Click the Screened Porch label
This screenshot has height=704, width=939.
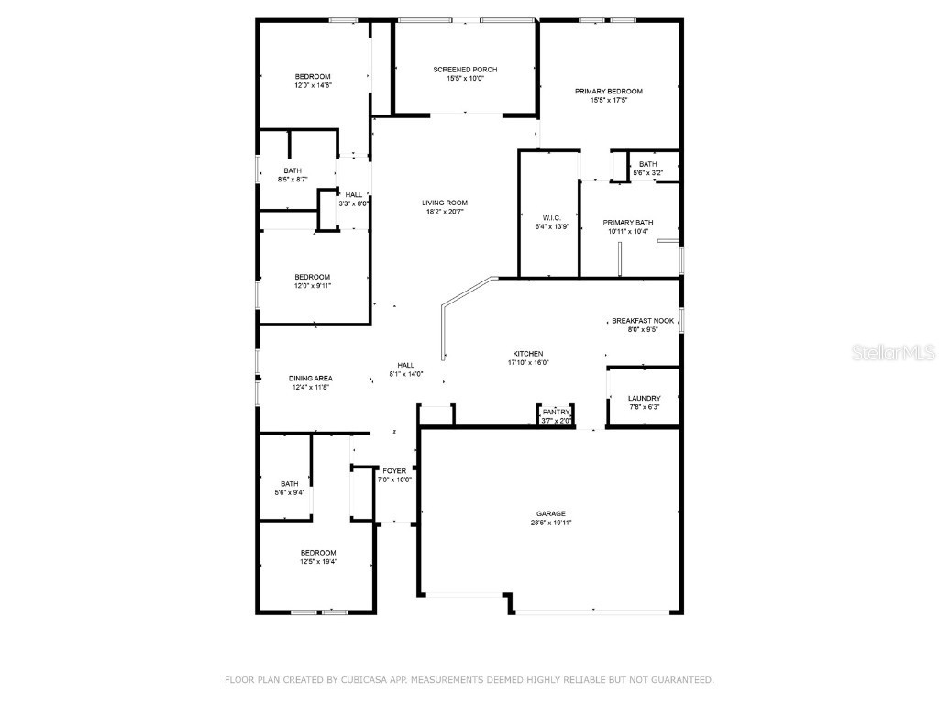pos(465,70)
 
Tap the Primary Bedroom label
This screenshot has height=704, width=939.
pos(608,92)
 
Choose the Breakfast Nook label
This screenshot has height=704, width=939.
pos(643,321)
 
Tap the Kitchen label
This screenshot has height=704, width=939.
pos(528,353)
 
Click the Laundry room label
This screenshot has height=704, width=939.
pos(644,398)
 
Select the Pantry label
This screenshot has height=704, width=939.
pos(556,412)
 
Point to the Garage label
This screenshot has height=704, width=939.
pos(551,513)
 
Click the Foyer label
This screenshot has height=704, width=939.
pos(394,471)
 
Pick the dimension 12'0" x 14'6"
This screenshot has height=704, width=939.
pos(313,85)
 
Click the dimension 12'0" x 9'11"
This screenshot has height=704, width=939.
pos(312,286)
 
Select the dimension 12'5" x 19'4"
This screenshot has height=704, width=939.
pos(318,562)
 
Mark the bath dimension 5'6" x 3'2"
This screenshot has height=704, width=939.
pos(647,173)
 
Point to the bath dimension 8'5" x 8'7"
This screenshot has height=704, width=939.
pos(293,180)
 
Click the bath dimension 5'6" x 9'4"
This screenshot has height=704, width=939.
pos(290,493)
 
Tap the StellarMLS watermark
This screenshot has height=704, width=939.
pos(895,352)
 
